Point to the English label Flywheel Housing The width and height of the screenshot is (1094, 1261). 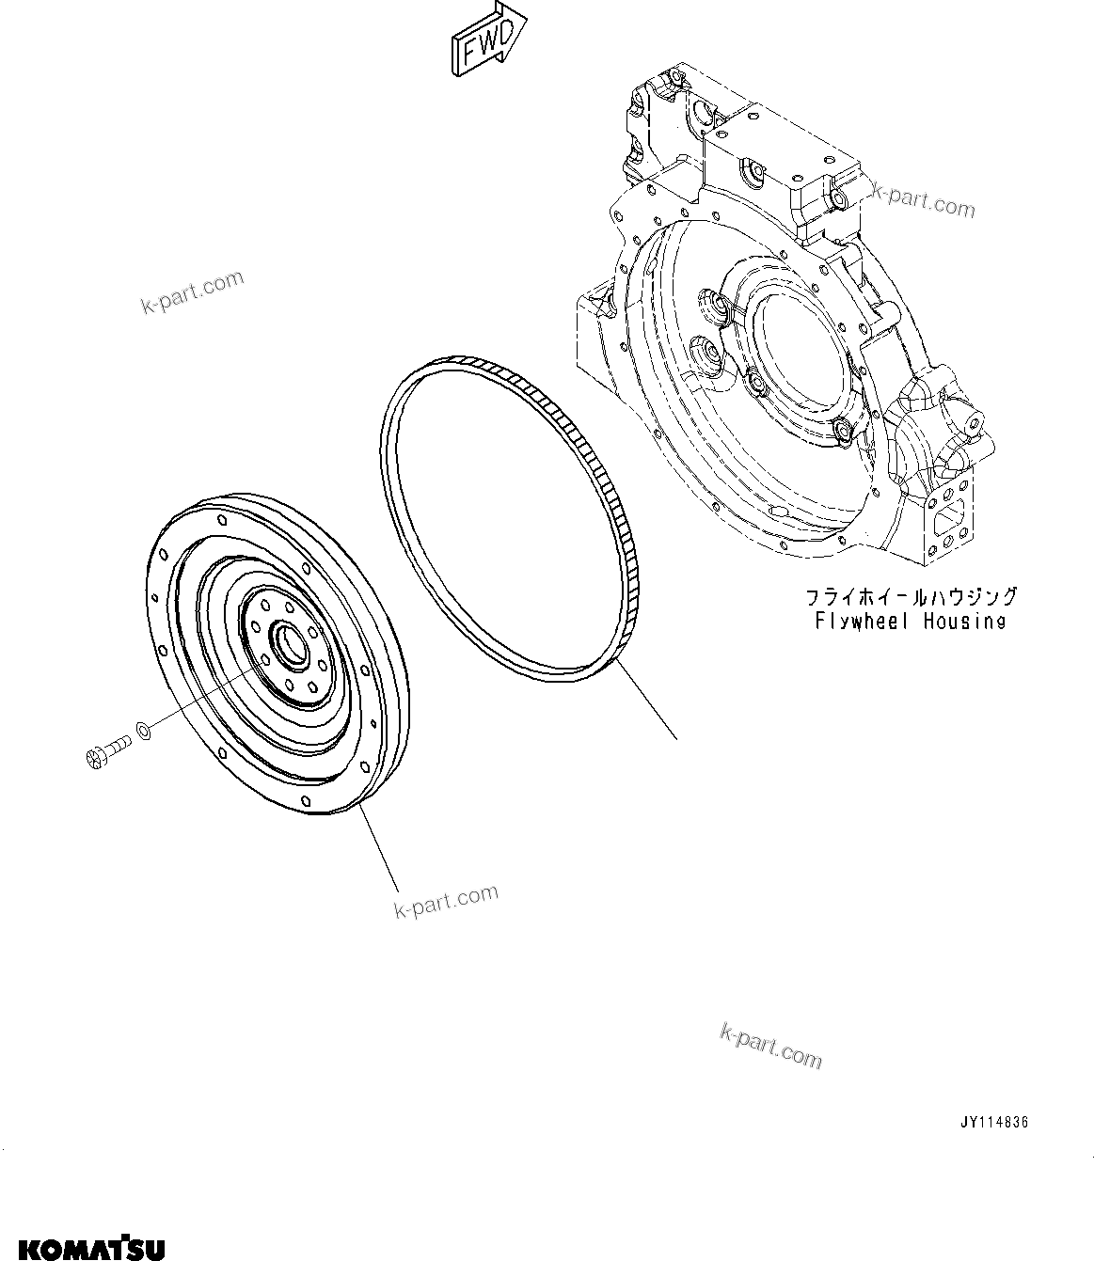click(x=910, y=621)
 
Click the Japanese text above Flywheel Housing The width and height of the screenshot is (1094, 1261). click(x=910, y=596)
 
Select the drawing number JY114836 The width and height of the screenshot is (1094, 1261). click(x=994, y=1122)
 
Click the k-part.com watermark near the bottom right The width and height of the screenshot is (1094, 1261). click(x=769, y=1047)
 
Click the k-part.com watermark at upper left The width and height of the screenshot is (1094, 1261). click(x=191, y=292)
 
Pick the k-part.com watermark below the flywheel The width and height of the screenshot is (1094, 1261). click(x=446, y=902)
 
